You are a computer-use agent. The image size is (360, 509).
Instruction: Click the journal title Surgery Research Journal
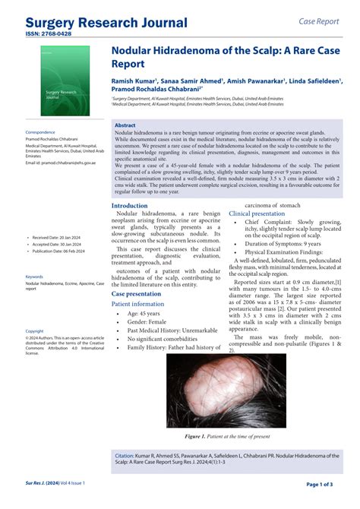click(x=106, y=22)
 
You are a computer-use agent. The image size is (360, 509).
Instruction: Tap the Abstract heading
click(x=126, y=125)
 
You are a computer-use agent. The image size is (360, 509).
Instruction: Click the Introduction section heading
click(x=130, y=205)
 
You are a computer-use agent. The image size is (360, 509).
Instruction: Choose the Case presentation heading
click(x=137, y=293)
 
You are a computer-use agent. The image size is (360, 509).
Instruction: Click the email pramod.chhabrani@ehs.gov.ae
click(x=61, y=163)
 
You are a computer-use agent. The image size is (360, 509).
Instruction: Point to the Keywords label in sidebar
click(x=34, y=277)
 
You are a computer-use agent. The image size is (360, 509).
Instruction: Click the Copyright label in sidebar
click(x=35, y=330)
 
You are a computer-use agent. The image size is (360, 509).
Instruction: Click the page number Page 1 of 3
click(x=324, y=484)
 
